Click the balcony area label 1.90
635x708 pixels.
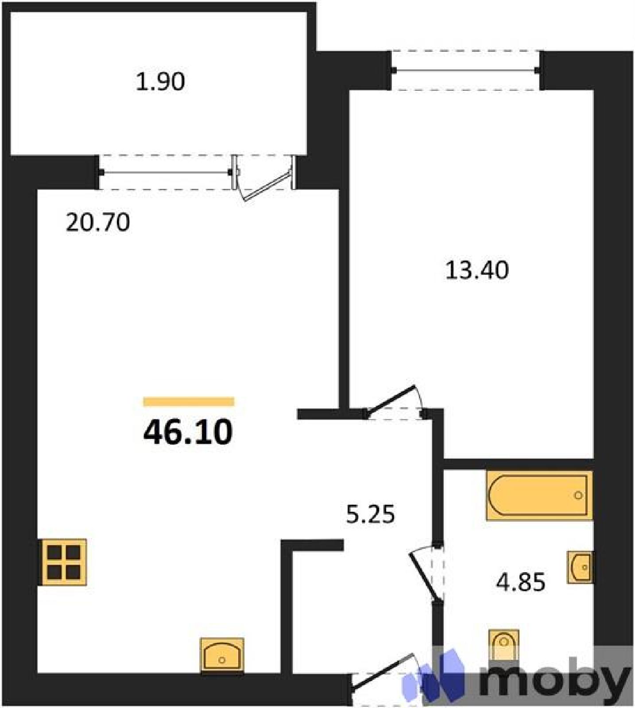pyautogui.click(x=160, y=82)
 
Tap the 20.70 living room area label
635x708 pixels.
pyautogui.click(x=98, y=222)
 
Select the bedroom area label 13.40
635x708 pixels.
pyautogui.click(x=477, y=270)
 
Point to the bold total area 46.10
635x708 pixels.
pyautogui.click(x=188, y=432)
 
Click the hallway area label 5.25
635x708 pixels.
pyautogui.click(x=370, y=514)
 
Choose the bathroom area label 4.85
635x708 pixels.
pyautogui.click(x=520, y=582)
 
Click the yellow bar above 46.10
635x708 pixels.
pyautogui.click(x=189, y=402)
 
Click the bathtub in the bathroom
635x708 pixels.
pyautogui.click(x=539, y=495)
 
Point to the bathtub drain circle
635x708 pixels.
pyautogui.click(x=578, y=495)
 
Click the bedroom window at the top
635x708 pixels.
pyautogui.click(x=465, y=70)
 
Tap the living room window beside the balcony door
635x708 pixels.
pyautogui.click(x=165, y=172)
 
